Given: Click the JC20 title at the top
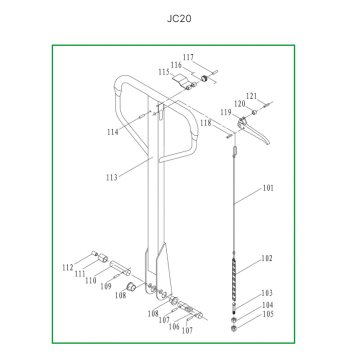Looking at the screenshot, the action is click(179, 19).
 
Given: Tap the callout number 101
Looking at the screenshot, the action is click(268, 188).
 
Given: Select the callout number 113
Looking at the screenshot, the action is click(112, 177).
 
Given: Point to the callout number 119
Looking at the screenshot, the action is click(226, 112).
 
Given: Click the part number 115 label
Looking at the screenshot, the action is click(164, 72).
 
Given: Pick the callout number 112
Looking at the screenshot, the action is click(67, 267).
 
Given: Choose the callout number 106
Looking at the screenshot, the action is click(174, 326).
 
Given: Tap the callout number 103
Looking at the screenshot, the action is click(267, 293).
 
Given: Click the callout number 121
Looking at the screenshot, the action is click(251, 96).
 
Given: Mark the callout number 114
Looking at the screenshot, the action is click(112, 132).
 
